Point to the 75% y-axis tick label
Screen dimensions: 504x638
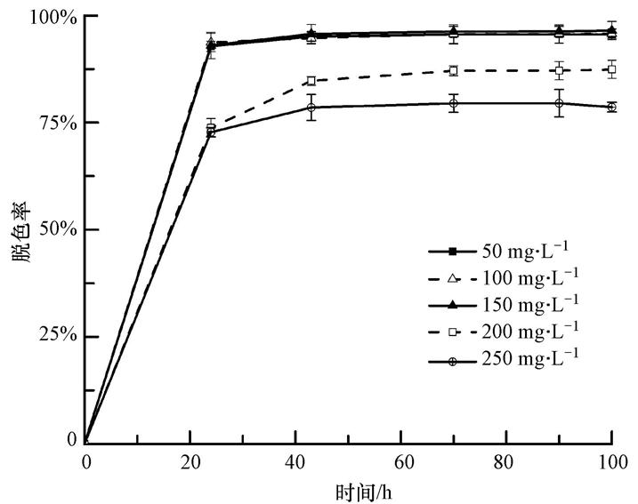point(57,123)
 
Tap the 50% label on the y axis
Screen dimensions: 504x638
point(57,229)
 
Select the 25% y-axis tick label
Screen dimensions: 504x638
point(57,335)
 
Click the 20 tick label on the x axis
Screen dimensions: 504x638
point(190,461)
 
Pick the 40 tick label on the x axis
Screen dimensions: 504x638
point(295,461)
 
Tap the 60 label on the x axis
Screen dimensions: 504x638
point(401,461)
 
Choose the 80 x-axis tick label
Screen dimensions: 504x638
point(506,461)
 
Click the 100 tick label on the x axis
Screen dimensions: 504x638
point(610,461)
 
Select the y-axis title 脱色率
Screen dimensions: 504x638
point(21,229)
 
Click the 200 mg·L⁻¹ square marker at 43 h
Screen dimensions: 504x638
point(311,81)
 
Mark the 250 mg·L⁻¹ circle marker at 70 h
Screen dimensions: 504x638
point(454,103)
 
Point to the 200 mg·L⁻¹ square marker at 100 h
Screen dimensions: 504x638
point(612,69)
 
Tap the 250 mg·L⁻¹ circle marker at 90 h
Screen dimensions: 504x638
point(559,103)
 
